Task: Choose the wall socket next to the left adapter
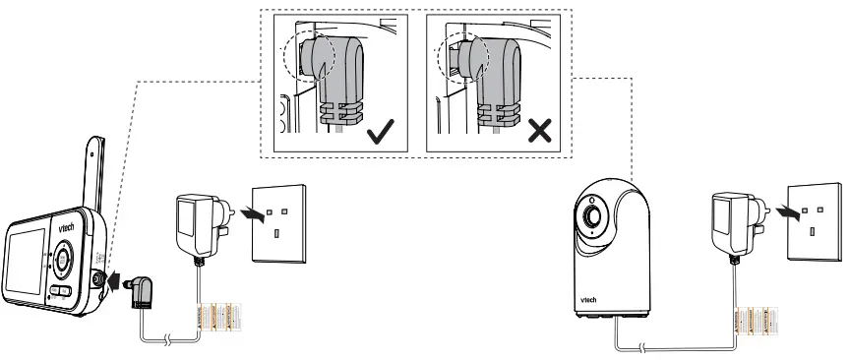point(280,220)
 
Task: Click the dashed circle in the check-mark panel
point(301,57)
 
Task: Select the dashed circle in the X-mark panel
point(456,57)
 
